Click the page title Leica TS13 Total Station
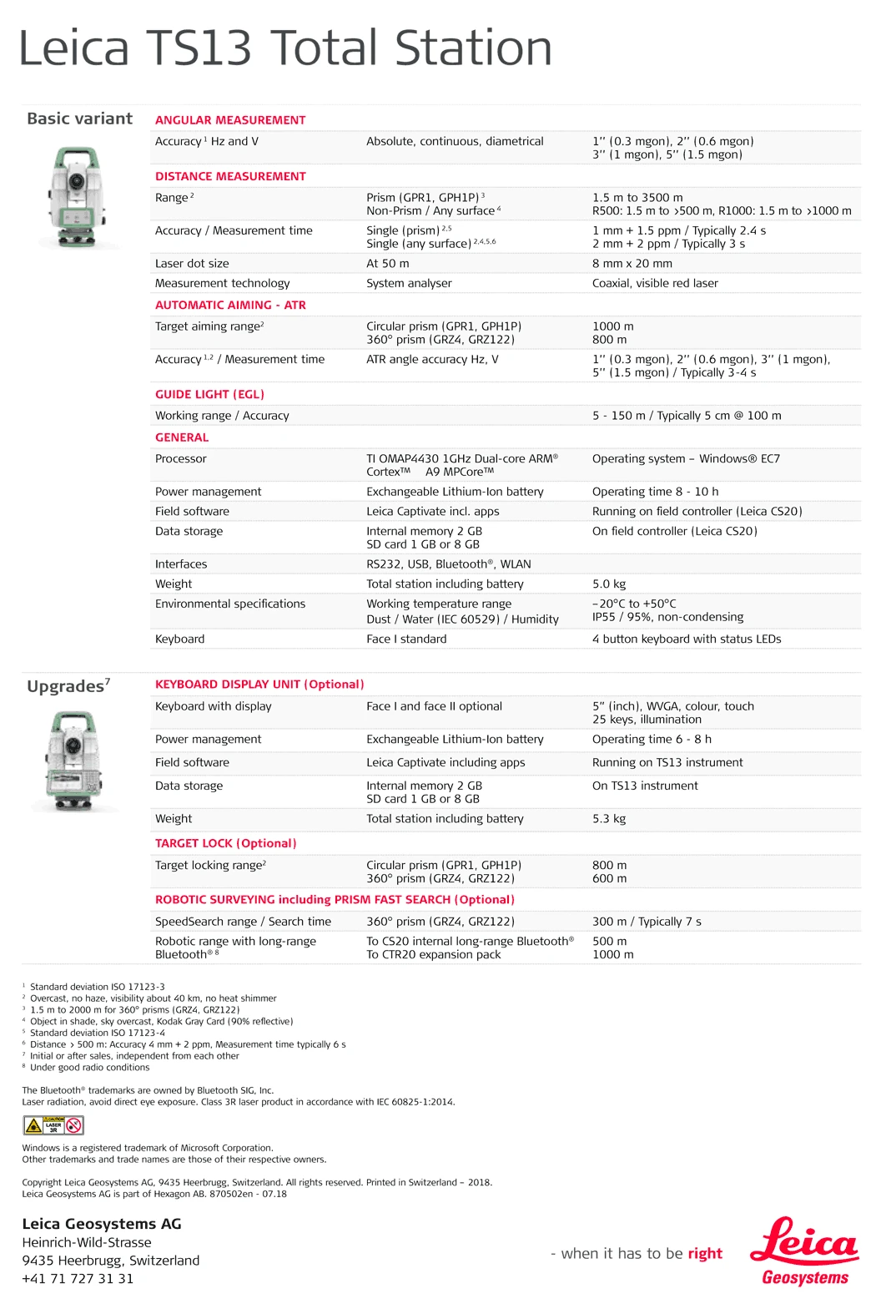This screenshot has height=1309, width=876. coord(284,48)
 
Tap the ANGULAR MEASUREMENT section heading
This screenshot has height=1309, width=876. coord(230,120)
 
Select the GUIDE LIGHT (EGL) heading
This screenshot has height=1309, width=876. coord(209,394)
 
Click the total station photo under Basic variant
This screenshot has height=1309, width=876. coord(77,198)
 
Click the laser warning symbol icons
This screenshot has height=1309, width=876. coord(53,1125)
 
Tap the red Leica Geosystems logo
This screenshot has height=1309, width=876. coord(804,1251)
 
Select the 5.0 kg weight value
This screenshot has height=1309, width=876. coord(609,584)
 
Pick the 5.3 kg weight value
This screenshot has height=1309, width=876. coord(609,819)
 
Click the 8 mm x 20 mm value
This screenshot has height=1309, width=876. coord(632,264)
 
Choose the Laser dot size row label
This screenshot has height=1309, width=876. coord(192,264)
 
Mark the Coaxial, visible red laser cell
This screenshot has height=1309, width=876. coord(655,284)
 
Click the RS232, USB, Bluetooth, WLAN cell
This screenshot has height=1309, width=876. coord(449,564)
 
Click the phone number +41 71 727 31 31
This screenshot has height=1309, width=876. coord(78,1279)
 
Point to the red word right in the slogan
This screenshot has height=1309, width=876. coord(705,1254)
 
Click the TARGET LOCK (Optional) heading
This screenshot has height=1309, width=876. coord(226,844)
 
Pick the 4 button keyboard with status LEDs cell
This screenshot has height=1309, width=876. coord(687,639)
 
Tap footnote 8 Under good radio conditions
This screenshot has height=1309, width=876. coord(89,1068)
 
